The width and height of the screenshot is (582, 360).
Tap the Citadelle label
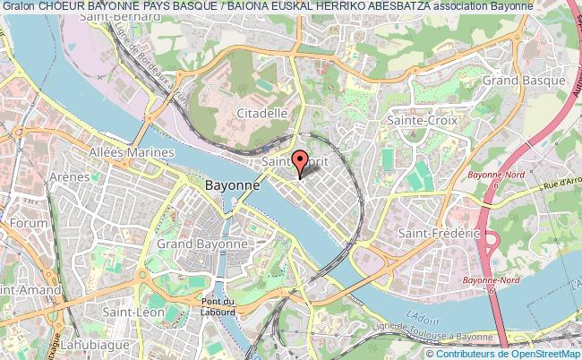[263, 113]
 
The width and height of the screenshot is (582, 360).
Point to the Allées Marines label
[131, 152]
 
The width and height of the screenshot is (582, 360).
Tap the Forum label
[30, 223]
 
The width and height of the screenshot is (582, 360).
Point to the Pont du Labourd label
[217, 306]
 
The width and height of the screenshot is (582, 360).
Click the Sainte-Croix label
[421, 119]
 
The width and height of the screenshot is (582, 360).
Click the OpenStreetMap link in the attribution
[541, 354]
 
